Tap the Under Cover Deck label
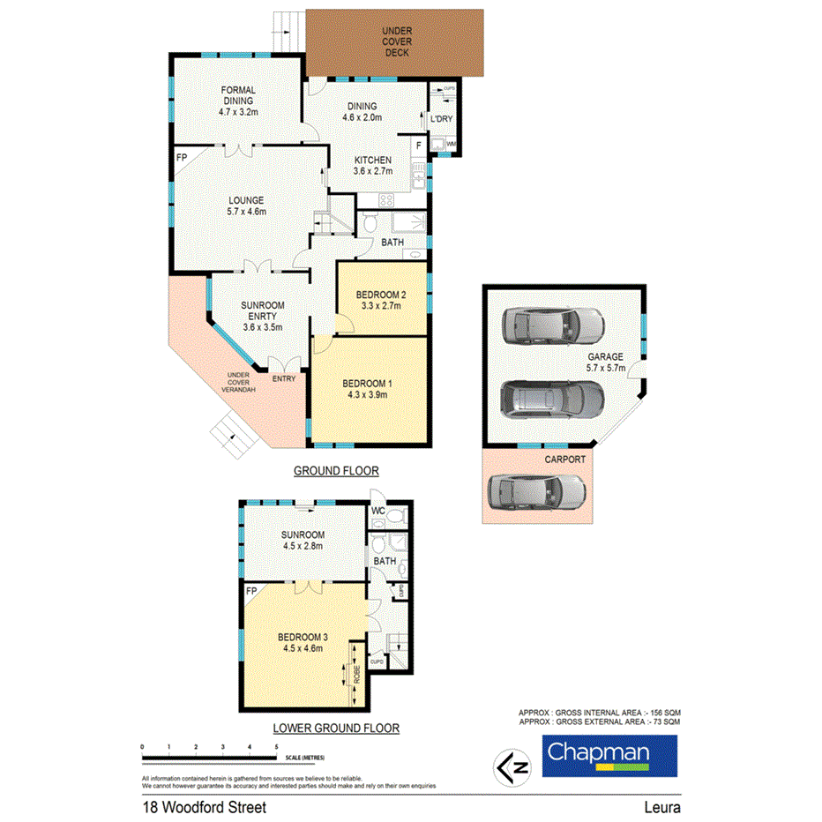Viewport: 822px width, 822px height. (396, 42)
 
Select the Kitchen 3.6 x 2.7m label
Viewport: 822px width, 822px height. (373, 166)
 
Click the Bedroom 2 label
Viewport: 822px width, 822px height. (380, 300)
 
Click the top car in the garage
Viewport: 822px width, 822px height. (550, 327)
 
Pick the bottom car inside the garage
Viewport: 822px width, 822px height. (552, 401)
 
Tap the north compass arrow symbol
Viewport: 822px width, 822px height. (510, 765)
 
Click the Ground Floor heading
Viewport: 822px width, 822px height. (336, 472)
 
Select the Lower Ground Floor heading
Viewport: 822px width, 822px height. (336, 729)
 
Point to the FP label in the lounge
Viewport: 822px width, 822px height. (182, 157)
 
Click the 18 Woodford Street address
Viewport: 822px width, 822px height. (205, 806)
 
